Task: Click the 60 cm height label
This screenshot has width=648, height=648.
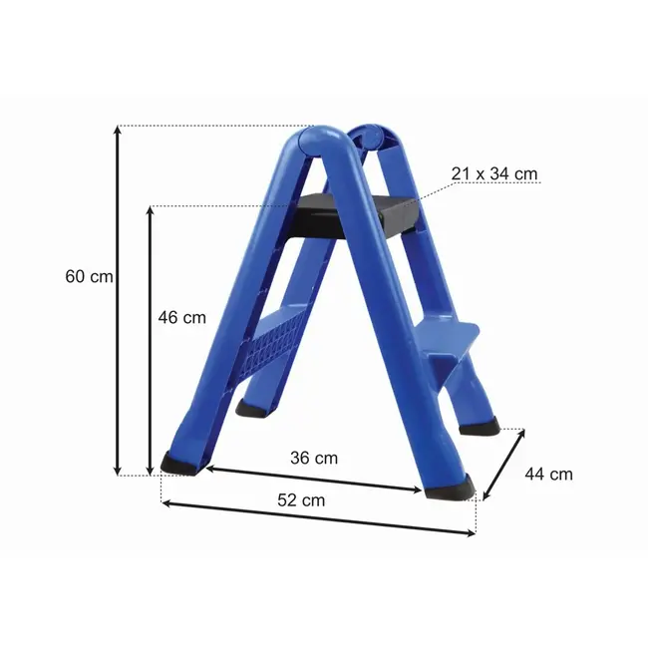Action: [88, 277]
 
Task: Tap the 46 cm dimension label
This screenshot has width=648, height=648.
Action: [181, 317]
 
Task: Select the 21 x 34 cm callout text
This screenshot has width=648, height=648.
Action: [493, 173]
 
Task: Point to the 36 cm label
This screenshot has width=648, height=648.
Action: [313, 459]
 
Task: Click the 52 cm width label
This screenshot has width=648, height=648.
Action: [300, 500]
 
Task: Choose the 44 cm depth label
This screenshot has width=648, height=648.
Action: [548, 475]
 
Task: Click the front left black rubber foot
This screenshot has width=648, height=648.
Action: [179, 463]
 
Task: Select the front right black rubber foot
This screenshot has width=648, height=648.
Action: [451, 488]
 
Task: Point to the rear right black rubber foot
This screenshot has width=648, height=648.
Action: [480, 427]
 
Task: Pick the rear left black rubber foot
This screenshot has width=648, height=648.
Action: [252, 408]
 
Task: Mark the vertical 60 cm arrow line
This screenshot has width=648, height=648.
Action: [118, 299]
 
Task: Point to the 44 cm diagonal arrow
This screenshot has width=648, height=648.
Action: [504, 465]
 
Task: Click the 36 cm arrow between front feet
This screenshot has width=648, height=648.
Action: [314, 478]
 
